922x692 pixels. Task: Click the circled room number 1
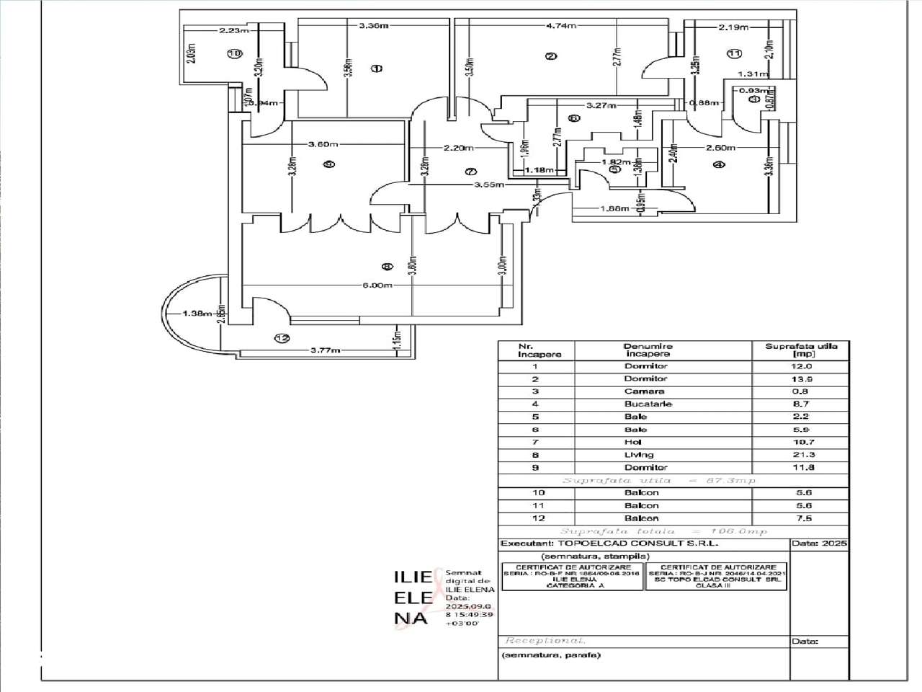376,68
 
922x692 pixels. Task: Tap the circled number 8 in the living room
387,267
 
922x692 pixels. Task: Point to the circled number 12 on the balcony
282,337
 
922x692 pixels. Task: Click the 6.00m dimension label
377,285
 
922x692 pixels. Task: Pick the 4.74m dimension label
561,26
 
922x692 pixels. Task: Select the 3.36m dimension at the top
374,26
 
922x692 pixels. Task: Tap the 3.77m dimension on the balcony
325,350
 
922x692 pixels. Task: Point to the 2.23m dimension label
235,30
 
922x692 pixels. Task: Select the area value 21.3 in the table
800,455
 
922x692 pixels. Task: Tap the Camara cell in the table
645,391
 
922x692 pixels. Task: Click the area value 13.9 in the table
800,379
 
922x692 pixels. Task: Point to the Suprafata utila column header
800,350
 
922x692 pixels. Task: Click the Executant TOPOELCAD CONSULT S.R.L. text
609,544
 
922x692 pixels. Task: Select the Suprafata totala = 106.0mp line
663,531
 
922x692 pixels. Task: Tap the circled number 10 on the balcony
233,53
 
